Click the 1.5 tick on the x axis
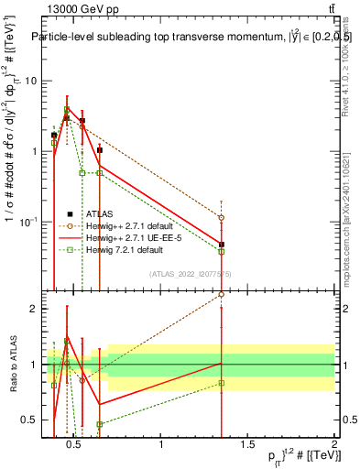248,445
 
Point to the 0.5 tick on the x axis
75,445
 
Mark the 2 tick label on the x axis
334,445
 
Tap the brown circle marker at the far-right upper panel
221,218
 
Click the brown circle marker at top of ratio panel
221,295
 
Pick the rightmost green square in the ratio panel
221,383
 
